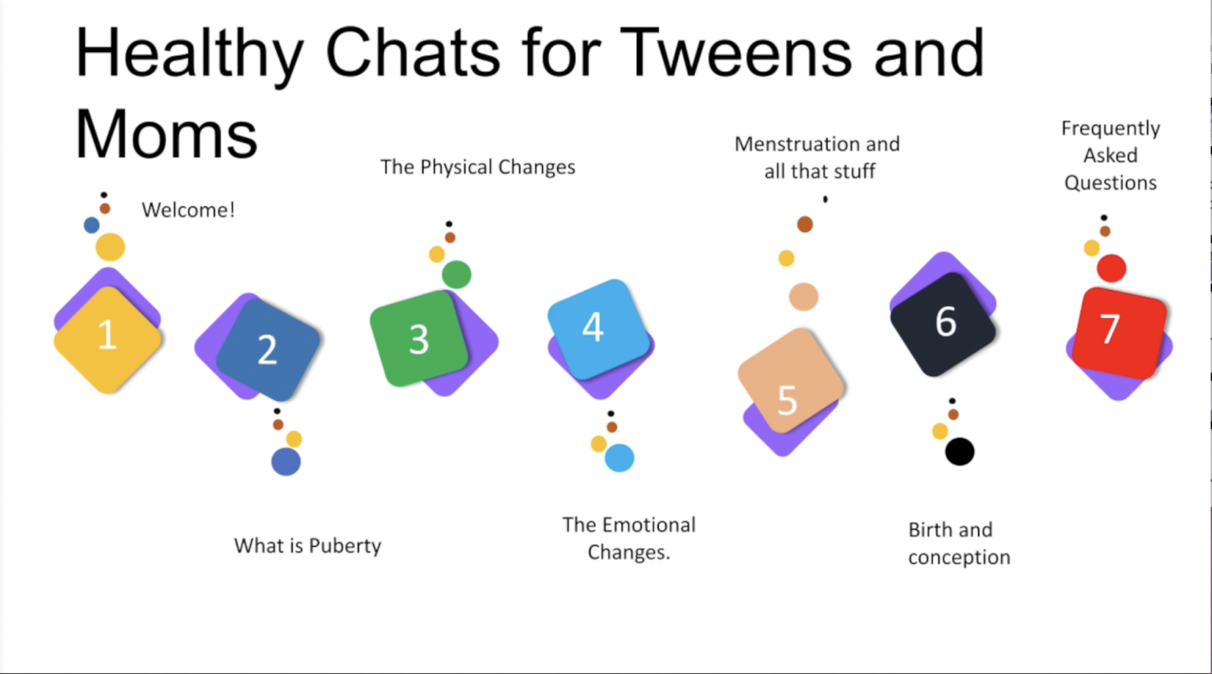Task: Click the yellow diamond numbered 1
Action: [107, 338]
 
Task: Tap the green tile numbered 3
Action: [418, 339]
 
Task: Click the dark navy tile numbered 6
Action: [944, 323]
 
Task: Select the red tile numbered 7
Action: [1119, 331]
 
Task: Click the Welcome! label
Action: [188, 210]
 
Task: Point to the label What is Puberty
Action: [307, 545]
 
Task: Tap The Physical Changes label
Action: [477, 167]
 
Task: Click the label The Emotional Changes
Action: [628, 538]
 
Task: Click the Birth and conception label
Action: [958, 543]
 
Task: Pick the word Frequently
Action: [1109, 128]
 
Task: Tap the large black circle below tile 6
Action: [959, 451]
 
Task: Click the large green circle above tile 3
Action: [456, 275]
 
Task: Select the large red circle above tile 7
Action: [1111, 268]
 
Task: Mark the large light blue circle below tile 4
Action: [619, 458]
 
